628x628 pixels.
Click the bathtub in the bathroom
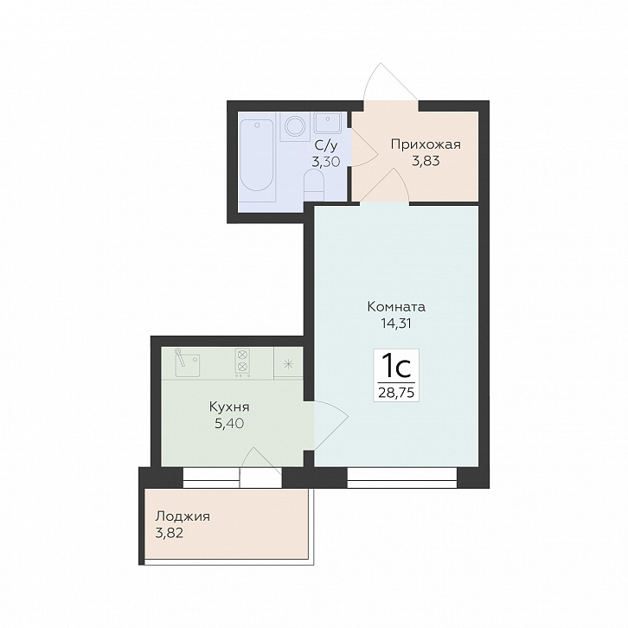(257, 157)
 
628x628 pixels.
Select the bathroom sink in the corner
(328, 123)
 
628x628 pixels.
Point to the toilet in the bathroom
(314, 184)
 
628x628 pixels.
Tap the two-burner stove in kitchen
(242, 362)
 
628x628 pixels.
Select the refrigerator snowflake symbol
(288, 364)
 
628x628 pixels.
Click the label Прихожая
(426, 144)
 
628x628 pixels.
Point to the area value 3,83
(426, 161)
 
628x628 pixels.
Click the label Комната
(396, 307)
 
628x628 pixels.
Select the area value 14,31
(396, 324)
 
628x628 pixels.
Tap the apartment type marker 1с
(396, 368)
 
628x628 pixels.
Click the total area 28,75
(396, 393)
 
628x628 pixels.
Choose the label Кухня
(229, 407)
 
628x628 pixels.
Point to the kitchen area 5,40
(229, 423)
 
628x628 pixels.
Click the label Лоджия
(183, 516)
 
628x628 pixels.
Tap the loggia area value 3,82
(170, 533)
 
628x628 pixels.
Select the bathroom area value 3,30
(326, 162)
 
